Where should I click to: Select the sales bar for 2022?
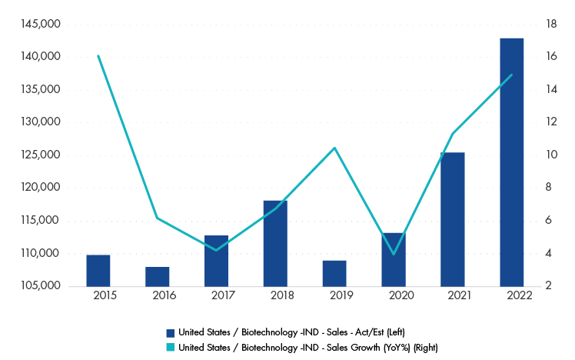pos(511,162)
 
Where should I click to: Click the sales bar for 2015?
pos(98,270)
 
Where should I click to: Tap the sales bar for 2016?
pos(157,276)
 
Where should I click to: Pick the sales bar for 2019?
pos(334,273)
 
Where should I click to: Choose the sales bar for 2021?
pos(452,219)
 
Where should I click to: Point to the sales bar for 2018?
pos(275,243)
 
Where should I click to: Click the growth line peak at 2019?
pos(334,148)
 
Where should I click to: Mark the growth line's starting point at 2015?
pos(98,56)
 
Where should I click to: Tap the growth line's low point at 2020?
pos(394,254)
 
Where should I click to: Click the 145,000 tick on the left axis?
pos(45,24)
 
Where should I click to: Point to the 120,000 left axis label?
pos(45,188)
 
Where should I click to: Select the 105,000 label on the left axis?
pos(45,286)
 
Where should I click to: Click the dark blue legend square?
pos(171,332)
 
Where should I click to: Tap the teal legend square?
pos(171,347)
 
